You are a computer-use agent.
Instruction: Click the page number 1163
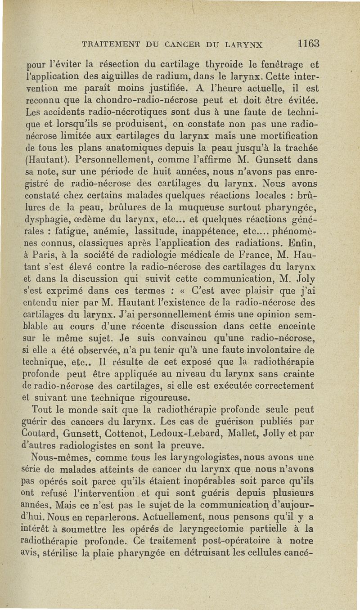308,44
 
